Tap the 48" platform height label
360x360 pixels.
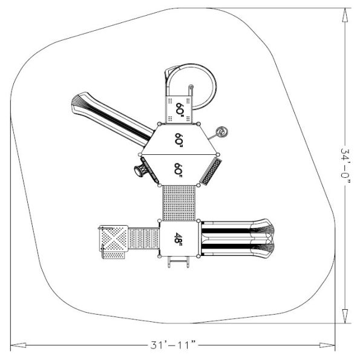(179, 238)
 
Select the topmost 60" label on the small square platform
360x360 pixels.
(180, 109)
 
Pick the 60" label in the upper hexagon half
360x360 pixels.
(178, 139)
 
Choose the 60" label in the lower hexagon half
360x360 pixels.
(178, 169)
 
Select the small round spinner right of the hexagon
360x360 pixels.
(223, 131)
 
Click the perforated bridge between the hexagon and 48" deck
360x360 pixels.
(179, 203)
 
